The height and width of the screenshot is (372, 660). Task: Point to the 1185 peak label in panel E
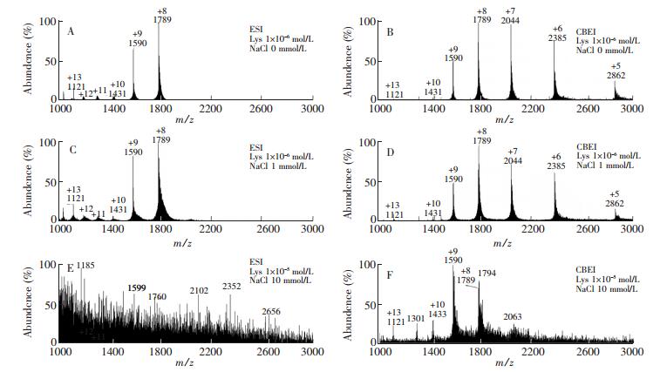85,264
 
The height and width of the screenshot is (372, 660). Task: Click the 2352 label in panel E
231,286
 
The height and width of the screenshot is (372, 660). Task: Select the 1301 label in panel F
416,319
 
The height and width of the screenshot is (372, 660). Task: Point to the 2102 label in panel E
199,291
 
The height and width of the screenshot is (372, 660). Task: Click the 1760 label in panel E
158,296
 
